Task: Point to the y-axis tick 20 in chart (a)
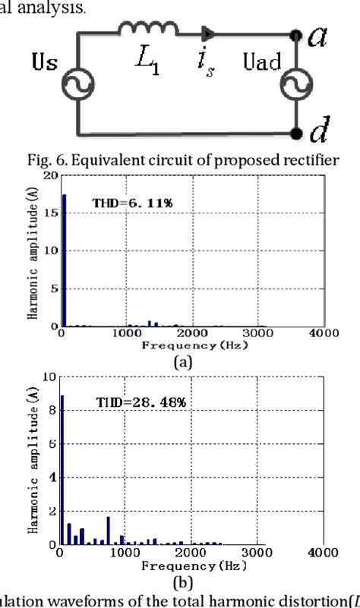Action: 50,175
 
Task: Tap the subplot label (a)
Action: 183,362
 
